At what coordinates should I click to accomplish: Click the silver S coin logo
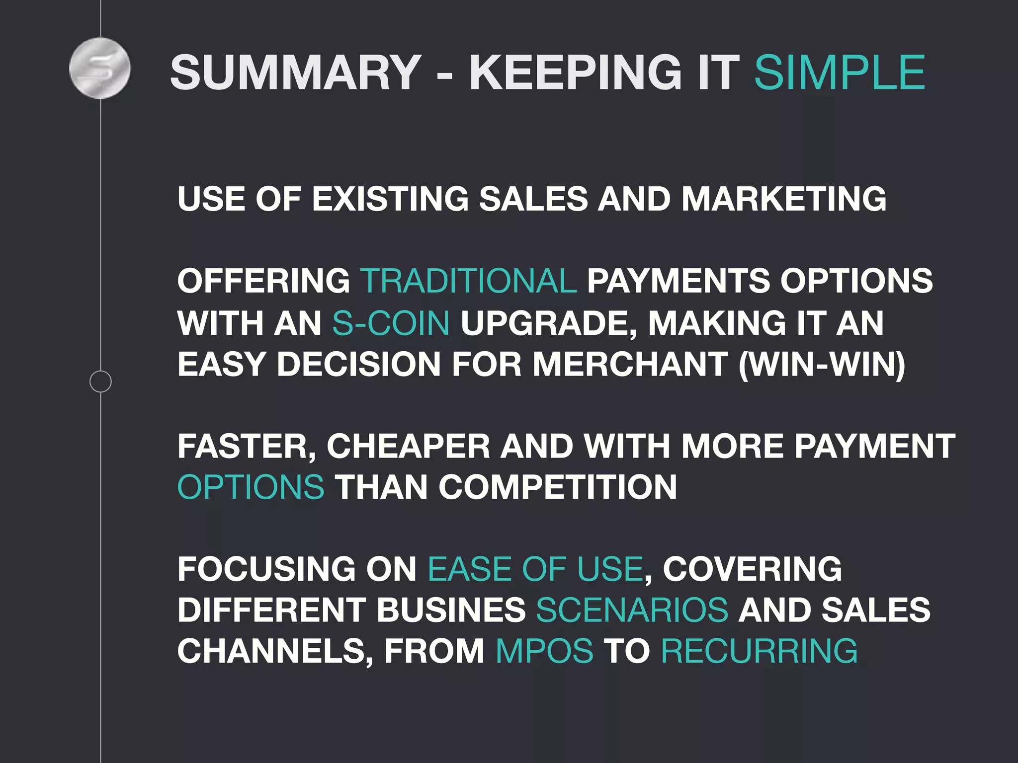[100, 68]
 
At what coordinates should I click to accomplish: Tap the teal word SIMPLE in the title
[839, 73]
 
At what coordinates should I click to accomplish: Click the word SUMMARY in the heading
[296, 73]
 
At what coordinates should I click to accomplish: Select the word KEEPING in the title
[577, 73]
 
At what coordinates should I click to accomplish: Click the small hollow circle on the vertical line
[100, 381]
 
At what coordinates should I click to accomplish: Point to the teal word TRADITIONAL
[468, 281]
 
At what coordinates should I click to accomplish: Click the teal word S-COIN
[391, 323]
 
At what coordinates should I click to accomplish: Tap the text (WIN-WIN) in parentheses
[822, 364]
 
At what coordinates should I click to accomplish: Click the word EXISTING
[390, 199]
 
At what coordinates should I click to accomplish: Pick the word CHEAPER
[408, 446]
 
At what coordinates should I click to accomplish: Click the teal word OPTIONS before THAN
[251, 487]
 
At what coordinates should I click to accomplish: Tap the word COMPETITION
[557, 487]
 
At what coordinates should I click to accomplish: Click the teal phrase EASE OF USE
[535, 569]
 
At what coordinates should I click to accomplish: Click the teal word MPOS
[544, 651]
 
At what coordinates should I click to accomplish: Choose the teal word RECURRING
[759, 651]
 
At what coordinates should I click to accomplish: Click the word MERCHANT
[630, 364]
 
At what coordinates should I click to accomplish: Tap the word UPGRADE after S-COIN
[548, 323]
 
